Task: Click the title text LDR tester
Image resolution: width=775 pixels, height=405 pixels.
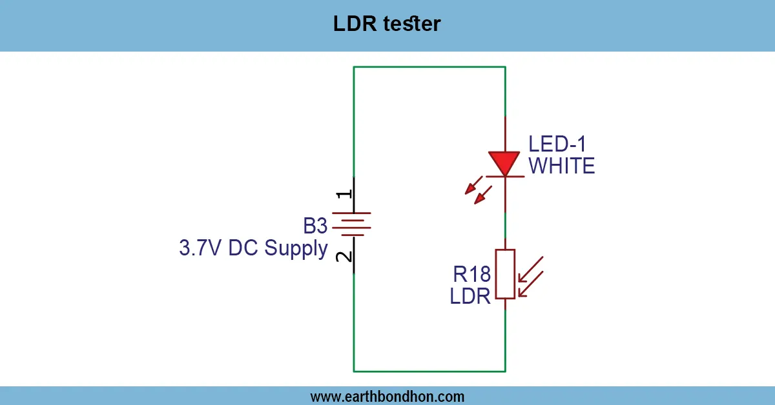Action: [x=387, y=25]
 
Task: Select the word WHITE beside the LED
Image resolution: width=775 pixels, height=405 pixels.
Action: [x=561, y=166]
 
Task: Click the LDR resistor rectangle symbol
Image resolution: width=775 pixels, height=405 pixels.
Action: [x=505, y=274]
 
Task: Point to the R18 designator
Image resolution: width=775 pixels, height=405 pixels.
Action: [x=471, y=275]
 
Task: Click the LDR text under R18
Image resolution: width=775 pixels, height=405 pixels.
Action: [x=470, y=297]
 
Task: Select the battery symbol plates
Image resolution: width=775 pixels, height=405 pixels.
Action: [x=353, y=224]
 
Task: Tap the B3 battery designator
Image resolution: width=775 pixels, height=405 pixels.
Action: [x=316, y=226]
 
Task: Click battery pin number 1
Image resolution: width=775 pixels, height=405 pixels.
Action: [x=345, y=194]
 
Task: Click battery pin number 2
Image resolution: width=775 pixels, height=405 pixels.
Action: [x=345, y=256]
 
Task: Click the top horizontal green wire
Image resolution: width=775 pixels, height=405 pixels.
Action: [x=429, y=66]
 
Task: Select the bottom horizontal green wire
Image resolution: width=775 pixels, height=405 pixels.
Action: [x=429, y=371]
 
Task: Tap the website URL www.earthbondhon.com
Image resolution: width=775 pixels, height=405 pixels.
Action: [x=387, y=396]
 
